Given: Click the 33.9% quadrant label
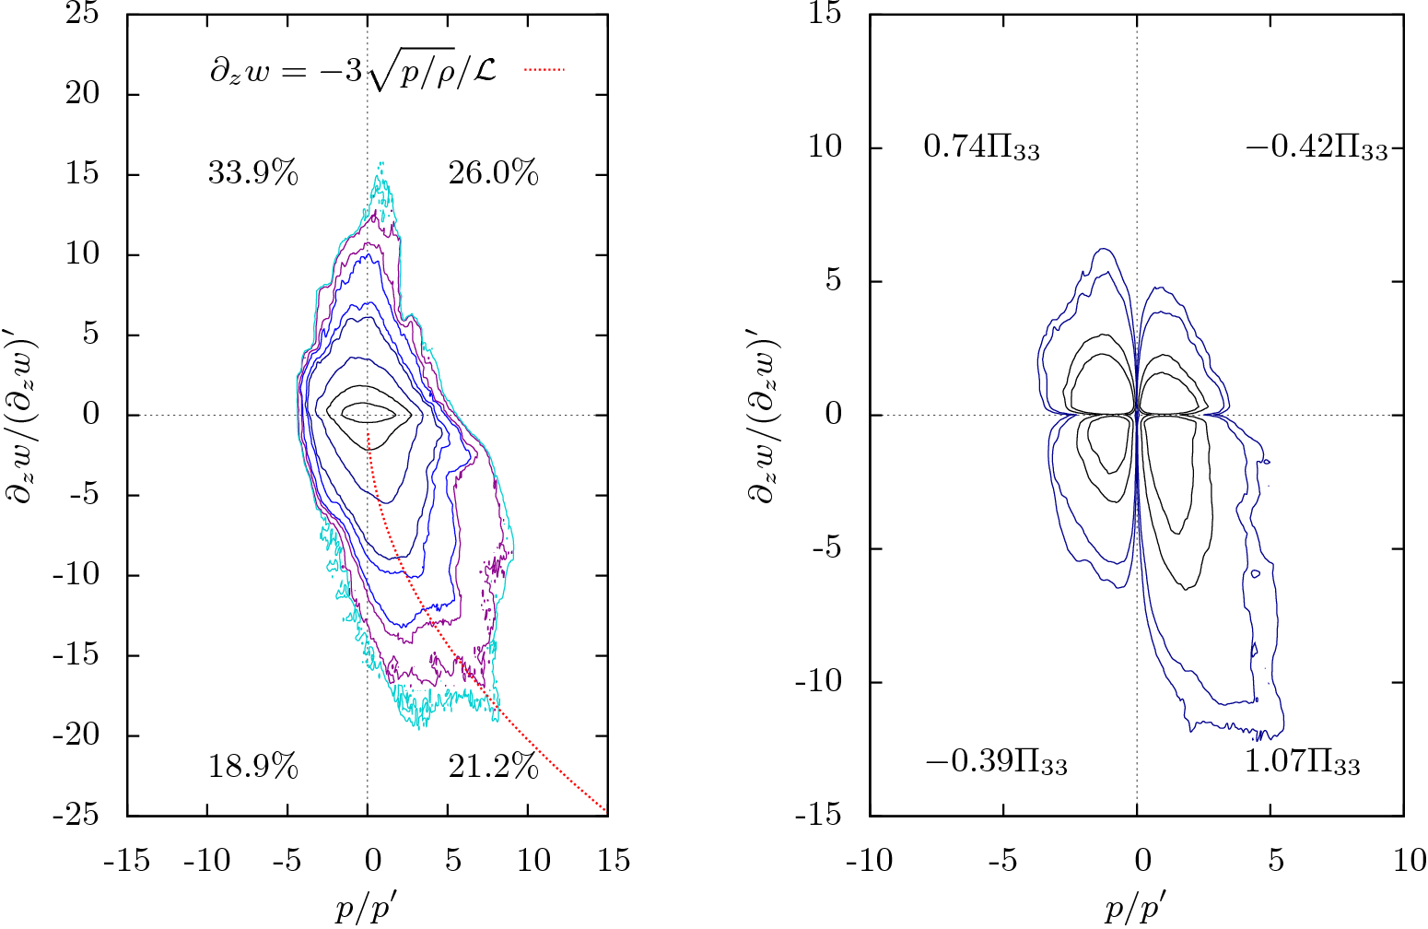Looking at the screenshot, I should [252, 173].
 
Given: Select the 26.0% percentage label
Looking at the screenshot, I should [493, 173].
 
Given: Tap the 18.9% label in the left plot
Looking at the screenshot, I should [252, 767].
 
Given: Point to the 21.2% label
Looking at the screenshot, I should [493, 767].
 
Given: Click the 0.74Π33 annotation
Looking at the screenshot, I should [981, 147].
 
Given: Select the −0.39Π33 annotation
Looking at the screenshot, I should [996, 763].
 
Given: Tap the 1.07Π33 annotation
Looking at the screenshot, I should [1302, 763].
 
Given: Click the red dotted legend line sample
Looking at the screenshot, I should [544, 69].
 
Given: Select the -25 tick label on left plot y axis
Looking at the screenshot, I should [78, 816].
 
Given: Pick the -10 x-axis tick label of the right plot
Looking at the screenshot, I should [869, 862].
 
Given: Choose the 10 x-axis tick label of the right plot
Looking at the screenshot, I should [1409, 862].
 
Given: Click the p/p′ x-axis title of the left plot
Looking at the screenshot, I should [368, 909].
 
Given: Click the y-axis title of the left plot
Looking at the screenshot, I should [20, 414].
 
